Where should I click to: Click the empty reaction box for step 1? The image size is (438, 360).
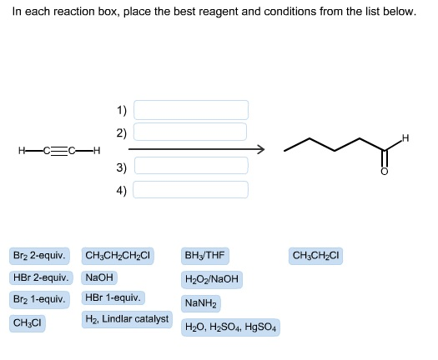pos(191,110)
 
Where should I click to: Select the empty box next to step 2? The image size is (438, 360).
pos(190,132)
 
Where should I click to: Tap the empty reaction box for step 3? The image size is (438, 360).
pos(191,166)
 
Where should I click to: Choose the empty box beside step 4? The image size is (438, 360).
pos(190,189)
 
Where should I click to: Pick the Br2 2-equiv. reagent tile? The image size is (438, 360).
pos(39,256)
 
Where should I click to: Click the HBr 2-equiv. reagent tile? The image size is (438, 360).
pos(41,277)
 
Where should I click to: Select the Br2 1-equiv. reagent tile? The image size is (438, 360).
pos(39,300)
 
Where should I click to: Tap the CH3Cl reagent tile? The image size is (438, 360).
pos(27,323)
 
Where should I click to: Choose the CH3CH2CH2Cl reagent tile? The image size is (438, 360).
pos(118,256)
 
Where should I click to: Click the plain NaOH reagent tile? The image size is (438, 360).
pos(99,277)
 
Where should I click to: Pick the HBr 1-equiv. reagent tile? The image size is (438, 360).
pos(113,297)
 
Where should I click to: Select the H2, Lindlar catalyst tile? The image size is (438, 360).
pos(127,319)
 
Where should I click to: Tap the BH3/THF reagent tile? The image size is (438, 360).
pos(205,256)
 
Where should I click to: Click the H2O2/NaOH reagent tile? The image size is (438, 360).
pos(212,279)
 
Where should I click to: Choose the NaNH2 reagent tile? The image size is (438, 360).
pos(201,303)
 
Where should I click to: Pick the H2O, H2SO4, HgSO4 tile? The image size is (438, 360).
pos(230,327)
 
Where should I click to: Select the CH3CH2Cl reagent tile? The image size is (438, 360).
pos(315,256)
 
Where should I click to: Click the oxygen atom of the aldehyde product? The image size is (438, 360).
pos(385,172)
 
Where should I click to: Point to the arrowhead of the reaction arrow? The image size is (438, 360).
pos(260,149)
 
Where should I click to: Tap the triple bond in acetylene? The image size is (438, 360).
pos(59,151)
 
